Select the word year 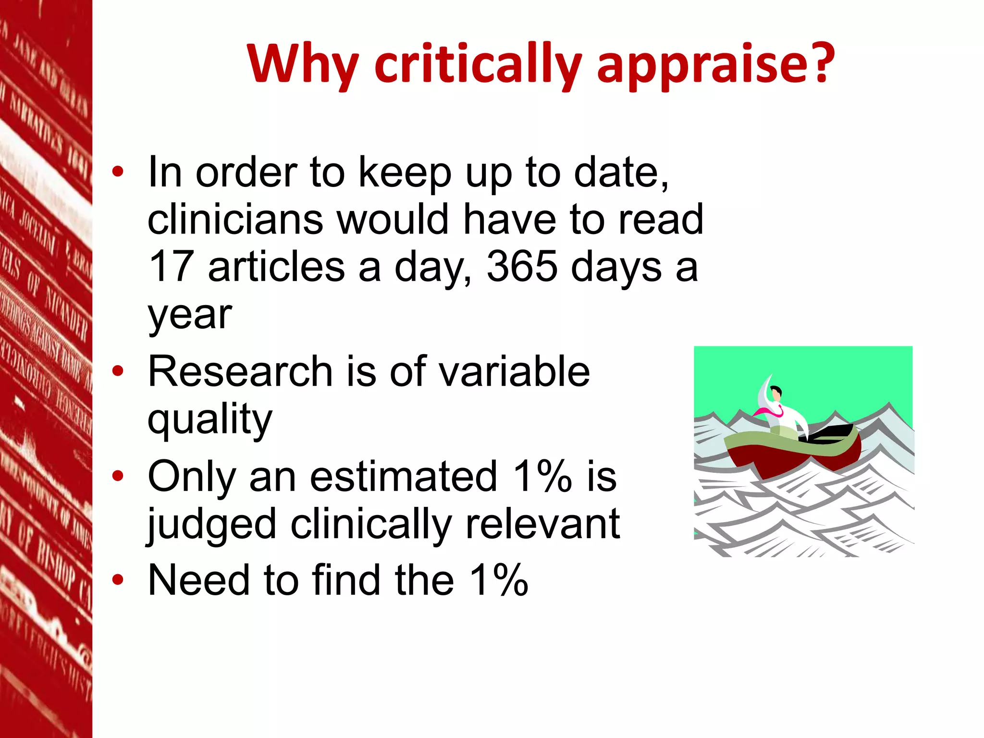coord(190,316)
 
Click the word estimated coord(404,477)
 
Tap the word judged coord(211,525)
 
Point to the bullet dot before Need coord(118,580)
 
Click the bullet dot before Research coord(118,371)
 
